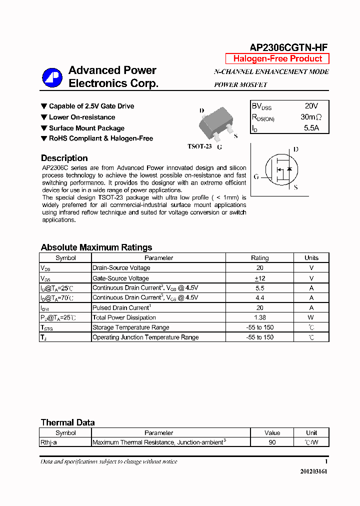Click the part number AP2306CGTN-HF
coord(288,47)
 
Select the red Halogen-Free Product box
coord(277,58)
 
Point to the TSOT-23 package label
coord(199,146)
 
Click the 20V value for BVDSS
coord(311,106)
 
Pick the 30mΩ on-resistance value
coord(311,117)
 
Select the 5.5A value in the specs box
coord(311,128)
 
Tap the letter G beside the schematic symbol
coord(256,176)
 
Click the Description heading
coord(64,158)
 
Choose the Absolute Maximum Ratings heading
coord(96,247)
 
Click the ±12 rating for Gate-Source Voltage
coord(259,278)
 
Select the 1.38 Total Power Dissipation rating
coord(259,317)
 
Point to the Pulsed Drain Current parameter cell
coord(121,308)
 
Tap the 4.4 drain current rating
coord(259,297)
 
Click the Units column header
coord(311,258)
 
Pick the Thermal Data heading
coord(67,422)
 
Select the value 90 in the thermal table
coord(272,442)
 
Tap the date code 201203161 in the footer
coord(314,471)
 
